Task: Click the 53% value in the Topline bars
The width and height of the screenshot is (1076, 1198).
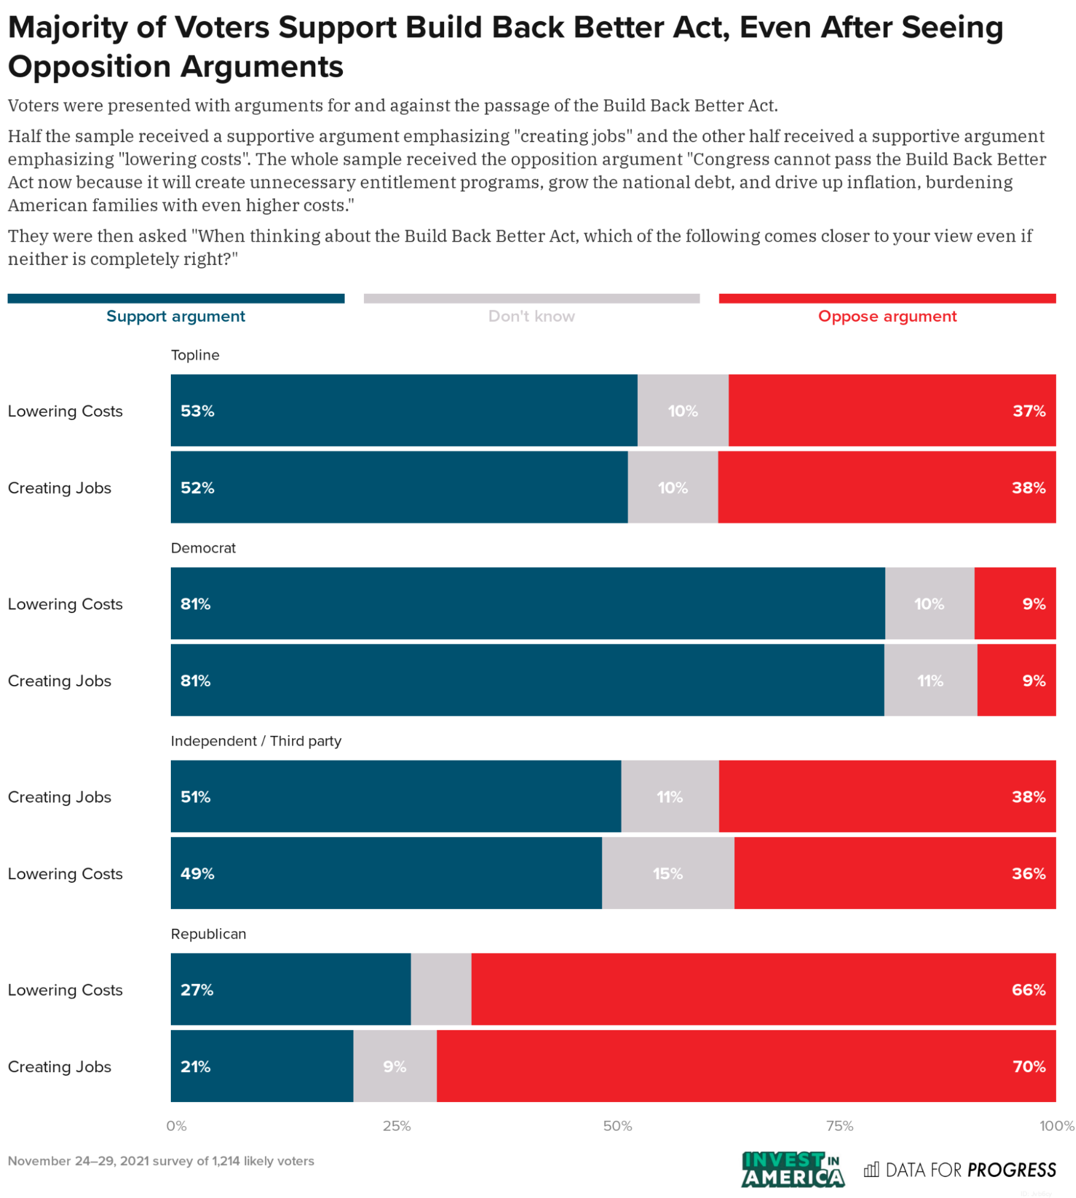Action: click(197, 411)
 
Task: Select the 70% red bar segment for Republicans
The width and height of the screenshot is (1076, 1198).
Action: click(746, 1066)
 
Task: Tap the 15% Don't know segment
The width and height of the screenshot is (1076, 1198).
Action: click(668, 874)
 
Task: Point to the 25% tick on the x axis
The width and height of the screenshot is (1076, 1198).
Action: click(397, 1126)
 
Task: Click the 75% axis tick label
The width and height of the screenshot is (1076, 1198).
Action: click(839, 1126)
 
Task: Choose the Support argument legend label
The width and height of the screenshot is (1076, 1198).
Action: click(176, 316)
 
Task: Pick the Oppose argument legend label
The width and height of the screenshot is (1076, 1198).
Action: click(887, 316)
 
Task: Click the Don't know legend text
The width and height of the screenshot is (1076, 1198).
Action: click(531, 316)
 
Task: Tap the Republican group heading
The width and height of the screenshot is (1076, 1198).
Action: click(209, 934)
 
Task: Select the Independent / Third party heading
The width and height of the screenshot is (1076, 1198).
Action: click(256, 741)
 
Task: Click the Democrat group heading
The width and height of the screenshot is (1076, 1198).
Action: click(203, 548)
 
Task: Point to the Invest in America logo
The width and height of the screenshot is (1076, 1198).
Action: click(792, 1169)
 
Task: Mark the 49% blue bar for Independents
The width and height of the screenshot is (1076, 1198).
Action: click(386, 873)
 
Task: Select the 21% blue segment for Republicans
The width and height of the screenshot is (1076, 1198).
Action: click(262, 1066)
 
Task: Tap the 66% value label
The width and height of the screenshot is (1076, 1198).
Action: click(1029, 989)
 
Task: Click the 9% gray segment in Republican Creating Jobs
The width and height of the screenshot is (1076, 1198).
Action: click(395, 1066)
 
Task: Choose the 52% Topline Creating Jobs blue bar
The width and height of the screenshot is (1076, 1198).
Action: click(399, 487)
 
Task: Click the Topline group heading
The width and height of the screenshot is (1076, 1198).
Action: click(195, 355)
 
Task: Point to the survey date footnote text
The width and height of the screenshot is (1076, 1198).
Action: click(161, 1161)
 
